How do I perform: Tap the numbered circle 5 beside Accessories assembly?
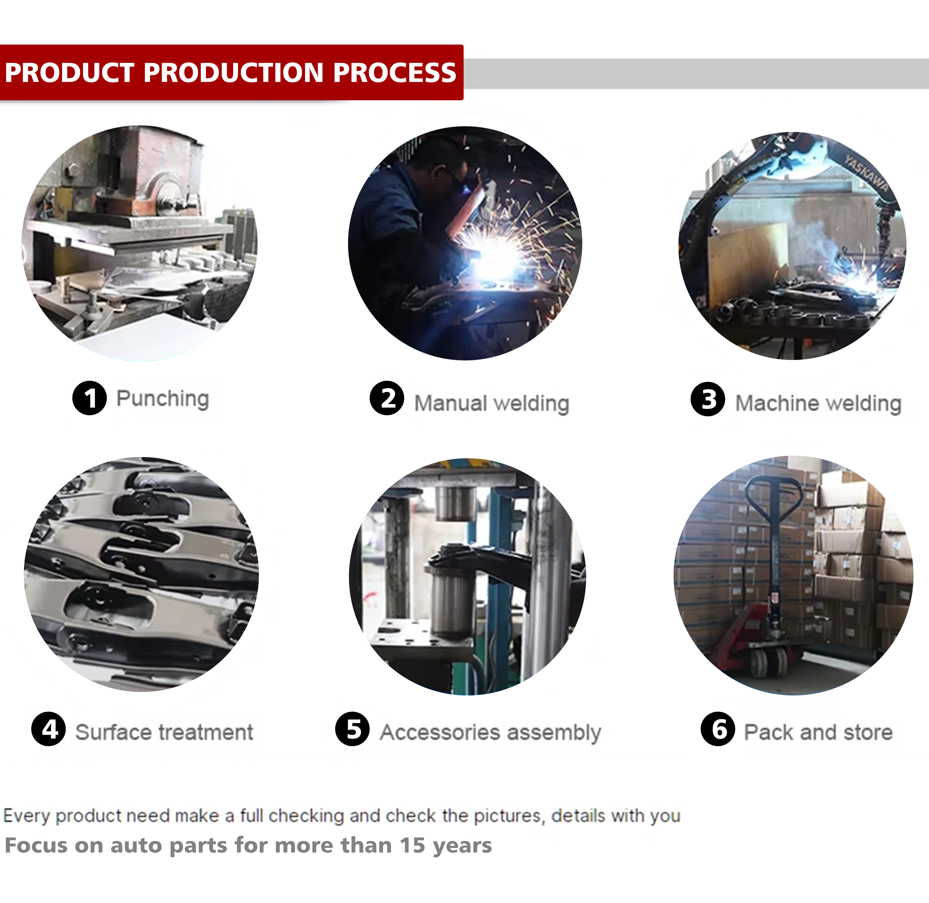(353, 729)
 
